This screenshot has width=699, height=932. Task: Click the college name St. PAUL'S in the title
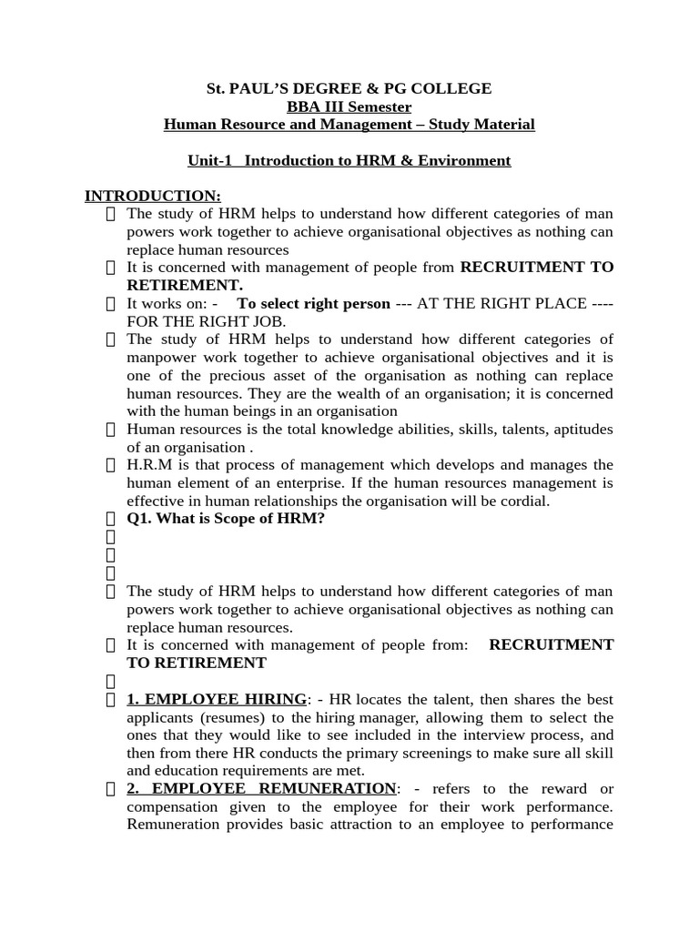(248, 88)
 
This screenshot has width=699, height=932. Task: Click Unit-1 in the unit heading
(210, 161)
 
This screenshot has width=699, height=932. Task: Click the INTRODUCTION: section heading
(152, 196)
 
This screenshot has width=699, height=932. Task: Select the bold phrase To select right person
(313, 303)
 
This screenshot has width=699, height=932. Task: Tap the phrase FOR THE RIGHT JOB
(206, 321)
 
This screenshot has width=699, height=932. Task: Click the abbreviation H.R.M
(148, 465)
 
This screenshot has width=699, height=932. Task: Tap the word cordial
(520, 501)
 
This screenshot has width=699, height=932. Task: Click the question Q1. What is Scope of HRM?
(226, 519)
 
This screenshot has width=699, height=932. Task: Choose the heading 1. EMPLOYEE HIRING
(217, 699)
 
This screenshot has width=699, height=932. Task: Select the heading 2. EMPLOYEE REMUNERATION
(261, 788)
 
